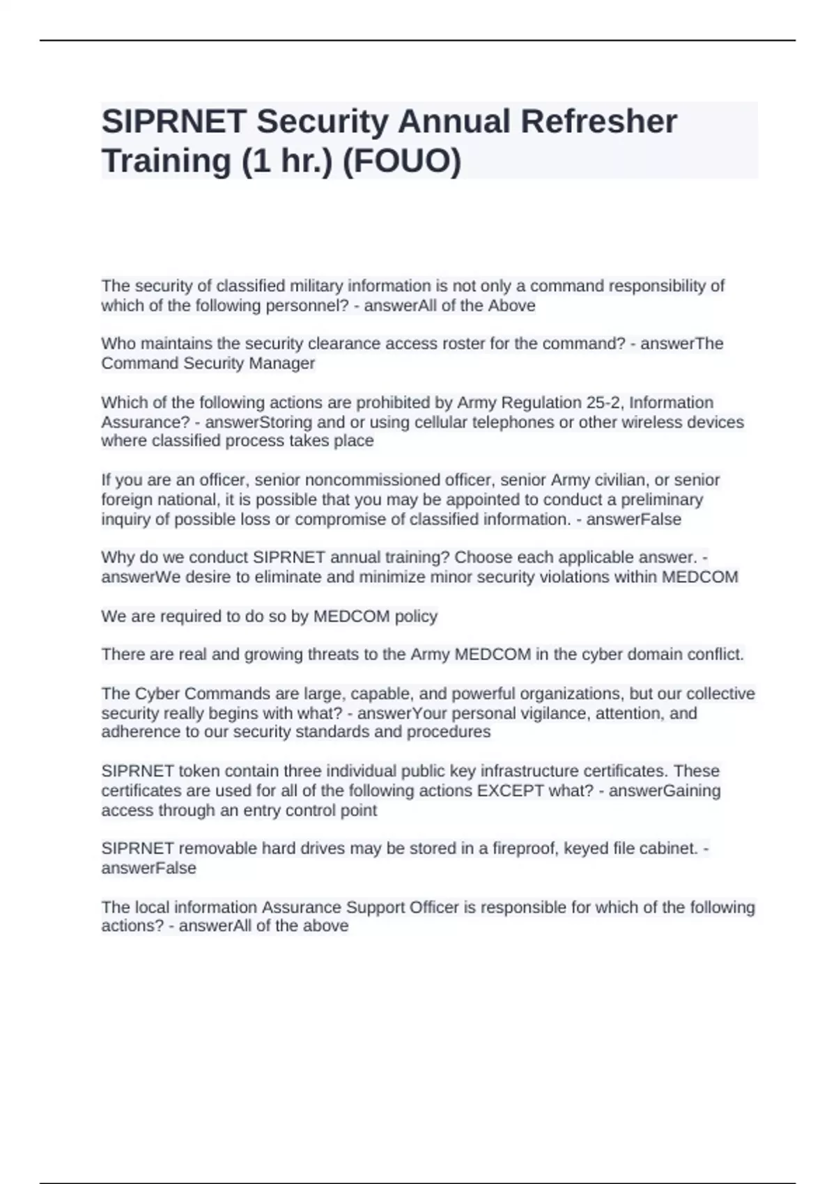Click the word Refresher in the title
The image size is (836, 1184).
(598, 122)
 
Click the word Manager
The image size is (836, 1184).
(282, 363)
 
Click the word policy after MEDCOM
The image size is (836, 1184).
(416, 616)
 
